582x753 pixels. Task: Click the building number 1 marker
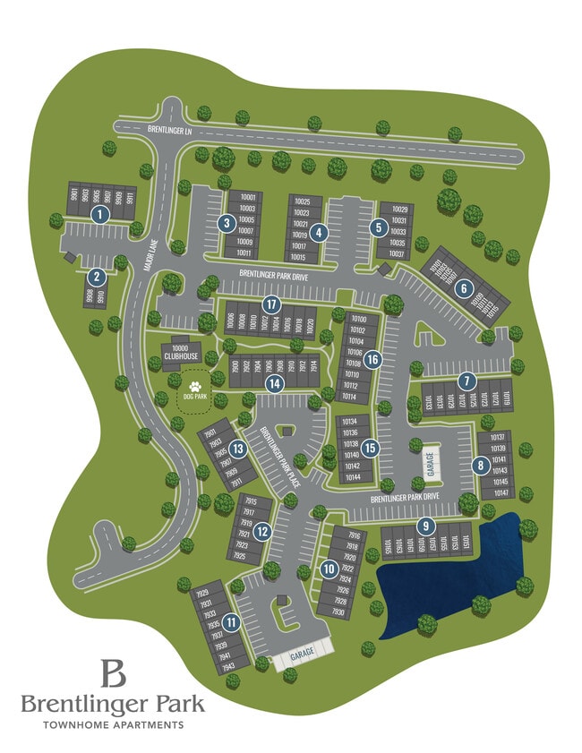(99, 213)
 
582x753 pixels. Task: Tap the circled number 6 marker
(463, 288)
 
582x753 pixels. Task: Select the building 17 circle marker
(268, 304)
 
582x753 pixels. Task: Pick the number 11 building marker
(231, 622)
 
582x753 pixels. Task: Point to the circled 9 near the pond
(426, 526)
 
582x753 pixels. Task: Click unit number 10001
(248, 197)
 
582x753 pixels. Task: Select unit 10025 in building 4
(301, 202)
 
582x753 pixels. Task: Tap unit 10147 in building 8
(500, 492)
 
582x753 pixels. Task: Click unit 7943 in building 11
(202, 667)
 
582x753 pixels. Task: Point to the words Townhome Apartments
(114, 724)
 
